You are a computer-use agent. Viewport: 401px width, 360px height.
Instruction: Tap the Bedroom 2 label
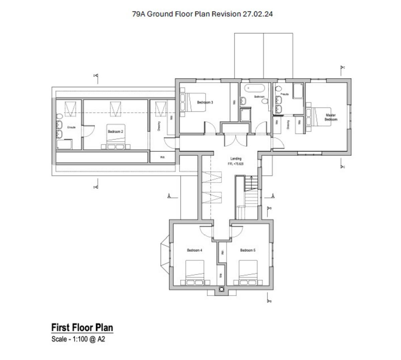coord(115,132)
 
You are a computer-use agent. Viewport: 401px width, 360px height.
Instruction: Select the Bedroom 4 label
coord(194,250)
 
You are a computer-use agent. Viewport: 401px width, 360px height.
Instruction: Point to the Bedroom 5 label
coord(248,250)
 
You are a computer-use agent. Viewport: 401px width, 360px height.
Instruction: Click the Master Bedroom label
coord(331,117)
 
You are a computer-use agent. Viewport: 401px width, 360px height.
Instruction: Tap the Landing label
coord(236,159)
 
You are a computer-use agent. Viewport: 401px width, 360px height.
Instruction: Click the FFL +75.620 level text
coord(236,164)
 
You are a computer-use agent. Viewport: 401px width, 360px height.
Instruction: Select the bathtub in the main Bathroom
coord(255,89)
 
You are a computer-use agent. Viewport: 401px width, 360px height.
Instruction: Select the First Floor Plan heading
coord(82,327)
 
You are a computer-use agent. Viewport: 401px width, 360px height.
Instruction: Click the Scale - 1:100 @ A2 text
coord(78,339)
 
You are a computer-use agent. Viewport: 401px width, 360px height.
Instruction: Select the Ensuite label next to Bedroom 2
coord(71,127)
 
